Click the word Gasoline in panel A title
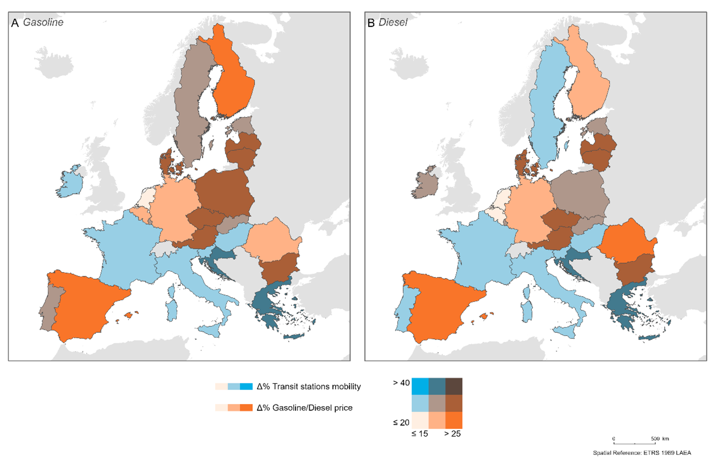[x=43, y=22]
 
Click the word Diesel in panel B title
[x=393, y=23]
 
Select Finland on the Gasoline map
[x=233, y=83]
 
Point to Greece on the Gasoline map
[x=269, y=303]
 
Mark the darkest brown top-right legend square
[x=454, y=386]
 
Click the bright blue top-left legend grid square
[x=420, y=386]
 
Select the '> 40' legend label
[x=401, y=383]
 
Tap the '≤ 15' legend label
[x=420, y=434]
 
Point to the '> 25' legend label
[x=452, y=434]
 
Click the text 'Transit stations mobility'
[x=316, y=387]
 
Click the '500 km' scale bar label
[x=660, y=439]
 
